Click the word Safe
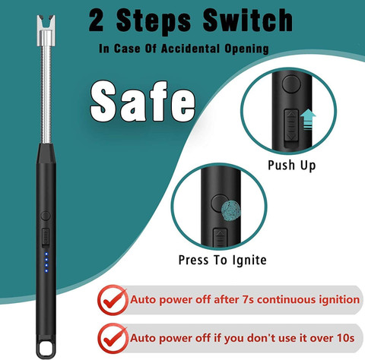[143, 101]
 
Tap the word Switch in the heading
[248, 20]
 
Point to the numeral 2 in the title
[97, 21]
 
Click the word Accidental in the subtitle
[190, 49]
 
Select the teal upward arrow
[308, 119]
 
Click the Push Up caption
[292, 166]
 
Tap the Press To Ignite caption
[223, 261]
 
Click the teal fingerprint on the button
[230, 210]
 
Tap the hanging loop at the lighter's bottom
[46, 349]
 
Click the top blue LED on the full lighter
[46, 254]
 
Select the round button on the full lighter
[46, 216]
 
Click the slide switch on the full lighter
[46, 237]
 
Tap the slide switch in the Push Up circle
[291, 125]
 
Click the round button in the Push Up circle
[291, 84]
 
